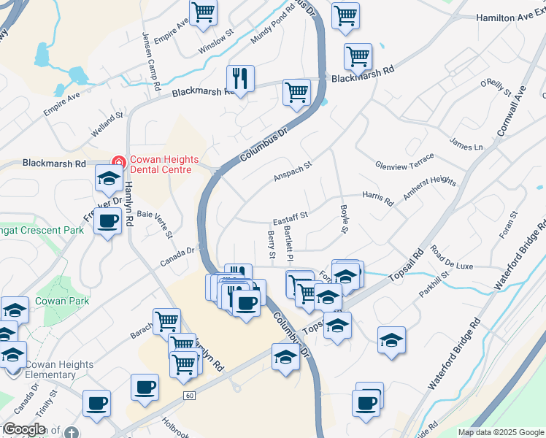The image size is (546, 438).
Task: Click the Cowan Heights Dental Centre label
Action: pos(161,165)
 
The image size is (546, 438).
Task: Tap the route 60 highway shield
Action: pos(190,395)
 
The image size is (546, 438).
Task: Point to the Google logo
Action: pos(24,429)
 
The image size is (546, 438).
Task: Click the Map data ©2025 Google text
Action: pos(500,432)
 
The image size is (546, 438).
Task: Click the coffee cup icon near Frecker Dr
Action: pos(107,220)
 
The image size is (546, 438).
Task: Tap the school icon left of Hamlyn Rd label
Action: pos(108,178)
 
